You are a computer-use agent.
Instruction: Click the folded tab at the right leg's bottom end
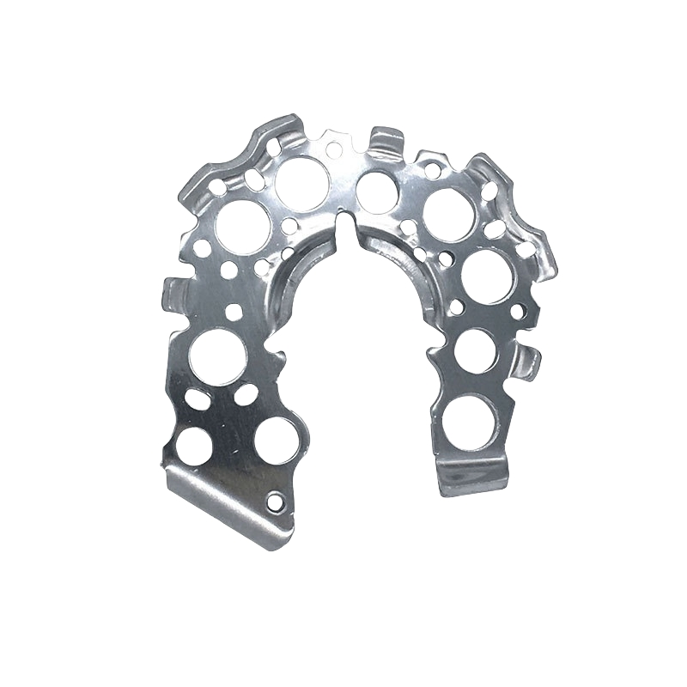pyautogui.click(x=471, y=479)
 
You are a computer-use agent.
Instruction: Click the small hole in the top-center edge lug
pyautogui.click(x=332, y=149)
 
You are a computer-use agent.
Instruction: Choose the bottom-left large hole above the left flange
pyautogui.click(x=196, y=443)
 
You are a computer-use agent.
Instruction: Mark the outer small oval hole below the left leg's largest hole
pyautogui.click(x=197, y=398)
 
